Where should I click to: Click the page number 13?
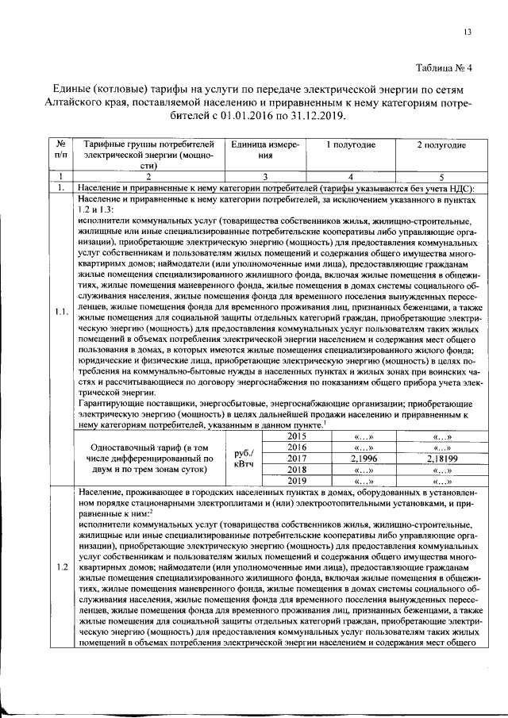coord(468,32)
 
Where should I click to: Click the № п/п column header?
coord(60,152)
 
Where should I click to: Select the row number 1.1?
coord(61,312)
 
